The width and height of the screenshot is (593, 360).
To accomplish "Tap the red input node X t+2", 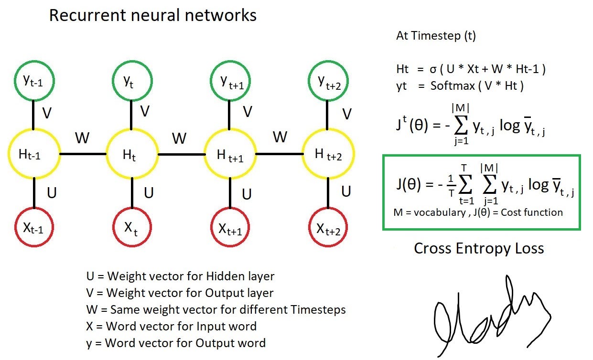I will [328, 230].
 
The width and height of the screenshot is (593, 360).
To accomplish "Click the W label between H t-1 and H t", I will [82, 138].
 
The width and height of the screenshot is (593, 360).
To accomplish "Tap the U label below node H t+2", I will [346, 191].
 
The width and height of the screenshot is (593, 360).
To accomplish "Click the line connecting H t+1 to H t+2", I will [279, 154].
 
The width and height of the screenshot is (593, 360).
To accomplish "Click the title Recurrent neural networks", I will [153, 15].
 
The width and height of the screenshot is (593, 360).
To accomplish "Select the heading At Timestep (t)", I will [436, 36].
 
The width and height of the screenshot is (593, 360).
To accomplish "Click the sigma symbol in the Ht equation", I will [432, 69].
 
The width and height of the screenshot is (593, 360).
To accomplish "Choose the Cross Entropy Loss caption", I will [478, 248].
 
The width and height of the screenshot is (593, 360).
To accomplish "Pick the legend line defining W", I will [216, 309].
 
